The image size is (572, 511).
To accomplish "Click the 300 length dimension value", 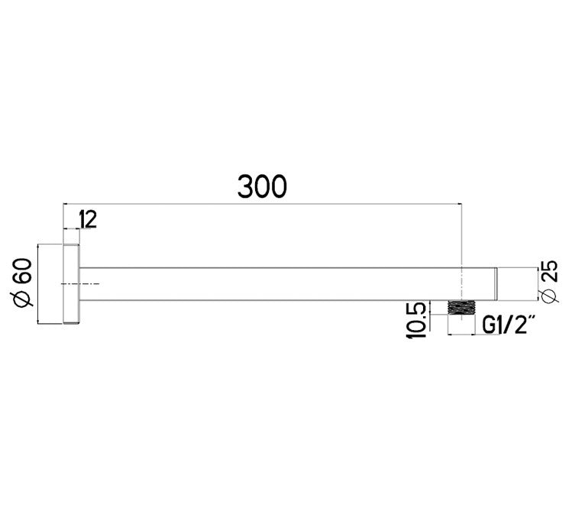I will pos(262,186).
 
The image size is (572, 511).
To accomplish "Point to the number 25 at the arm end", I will pos(551,271).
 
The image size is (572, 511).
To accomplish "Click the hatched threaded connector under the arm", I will pos(461,308).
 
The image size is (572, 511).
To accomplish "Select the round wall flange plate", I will pos(70,285).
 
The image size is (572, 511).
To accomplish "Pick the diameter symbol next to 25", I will pos(551,295).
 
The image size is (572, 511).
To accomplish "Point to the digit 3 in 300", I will pos(246,186).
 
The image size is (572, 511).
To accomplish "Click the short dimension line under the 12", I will pos(71,229).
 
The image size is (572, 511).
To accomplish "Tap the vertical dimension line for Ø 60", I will pos(38,284).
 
